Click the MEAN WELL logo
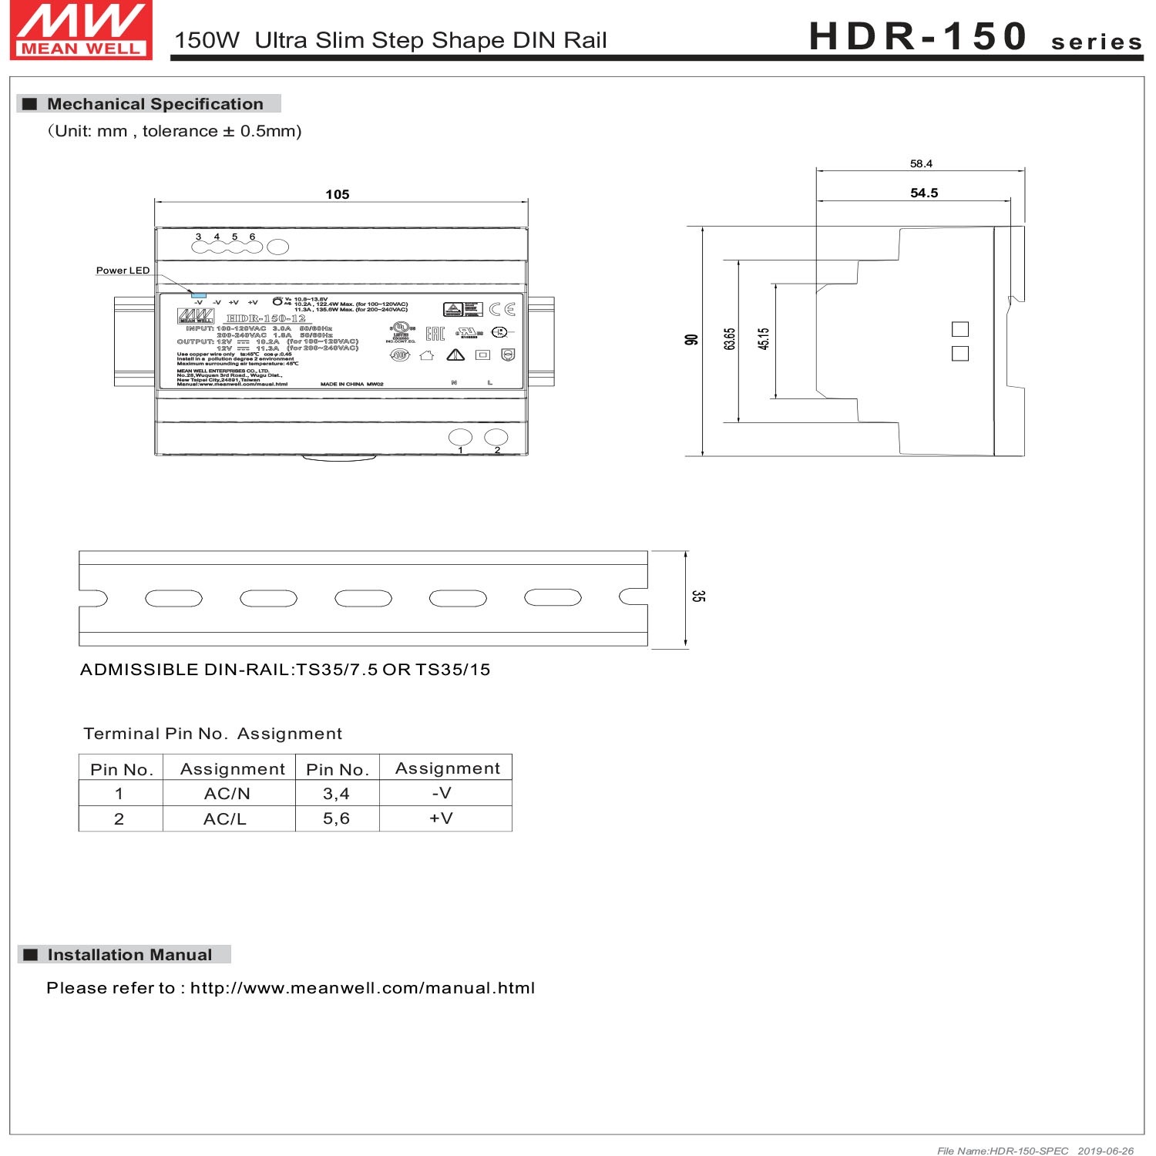coord(81,30)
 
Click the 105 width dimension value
coord(337,194)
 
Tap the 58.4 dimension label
coord(921,163)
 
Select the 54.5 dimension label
coord(924,193)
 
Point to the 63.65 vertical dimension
coord(729,339)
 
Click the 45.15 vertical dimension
coord(763,339)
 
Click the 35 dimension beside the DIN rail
coord(697,596)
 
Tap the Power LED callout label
coord(123,271)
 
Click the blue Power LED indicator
coord(198,295)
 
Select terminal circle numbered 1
coord(460,438)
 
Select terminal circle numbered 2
coord(496,437)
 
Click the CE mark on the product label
coord(502,309)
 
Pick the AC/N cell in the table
coord(227,793)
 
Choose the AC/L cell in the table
coord(225,818)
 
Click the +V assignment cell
coord(442,818)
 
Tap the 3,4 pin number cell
coord(336,793)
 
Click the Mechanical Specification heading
coord(155,104)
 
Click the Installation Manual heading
coord(129,955)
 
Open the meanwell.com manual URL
coord(362,988)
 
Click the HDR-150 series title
coord(975,36)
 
